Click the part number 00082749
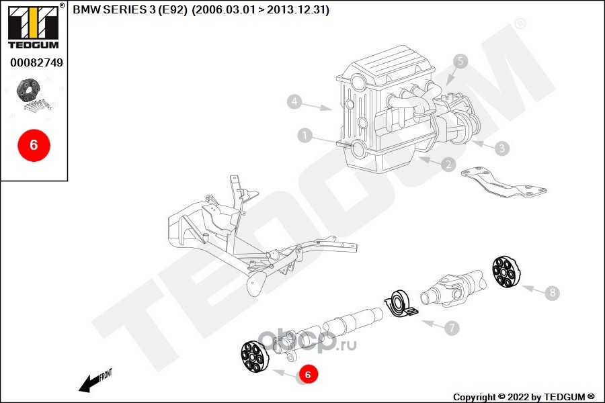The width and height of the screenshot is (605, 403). pyautogui.click(x=36, y=62)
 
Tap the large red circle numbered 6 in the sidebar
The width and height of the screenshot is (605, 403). pyautogui.click(x=34, y=144)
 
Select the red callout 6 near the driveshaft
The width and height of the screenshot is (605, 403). pyautogui.click(x=307, y=375)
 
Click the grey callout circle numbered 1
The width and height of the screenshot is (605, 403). pyautogui.click(x=305, y=136)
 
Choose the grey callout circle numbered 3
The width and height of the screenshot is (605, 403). pyautogui.click(x=502, y=147)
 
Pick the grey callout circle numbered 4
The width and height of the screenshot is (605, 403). pyautogui.click(x=294, y=101)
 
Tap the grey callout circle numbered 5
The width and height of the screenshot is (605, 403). pyautogui.click(x=460, y=61)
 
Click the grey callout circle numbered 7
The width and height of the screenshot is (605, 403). pyautogui.click(x=452, y=328)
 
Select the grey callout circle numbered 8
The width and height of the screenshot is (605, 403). pyautogui.click(x=552, y=293)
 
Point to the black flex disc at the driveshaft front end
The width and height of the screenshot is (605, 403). pyautogui.click(x=255, y=356)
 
